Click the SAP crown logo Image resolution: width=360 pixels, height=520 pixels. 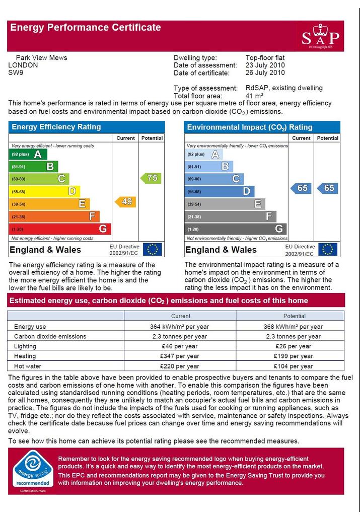[x=321, y=35]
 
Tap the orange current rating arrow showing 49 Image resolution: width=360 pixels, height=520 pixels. [x=125, y=202]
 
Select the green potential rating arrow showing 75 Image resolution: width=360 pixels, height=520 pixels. [x=151, y=178]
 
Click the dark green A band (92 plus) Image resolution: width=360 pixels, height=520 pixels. [x=28, y=154]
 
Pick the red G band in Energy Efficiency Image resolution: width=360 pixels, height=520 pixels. [x=60, y=229]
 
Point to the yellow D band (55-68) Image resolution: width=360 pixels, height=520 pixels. [x=44, y=191]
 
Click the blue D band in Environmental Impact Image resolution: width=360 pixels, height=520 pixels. [x=220, y=191]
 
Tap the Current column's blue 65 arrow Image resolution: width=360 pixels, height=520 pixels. [x=301, y=188]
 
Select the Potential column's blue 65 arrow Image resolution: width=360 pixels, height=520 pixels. [x=327, y=188]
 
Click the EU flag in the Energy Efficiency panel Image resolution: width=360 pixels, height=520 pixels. [x=152, y=249]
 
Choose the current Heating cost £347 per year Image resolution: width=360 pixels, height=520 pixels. [x=180, y=356]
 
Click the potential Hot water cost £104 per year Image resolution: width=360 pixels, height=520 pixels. [x=294, y=366]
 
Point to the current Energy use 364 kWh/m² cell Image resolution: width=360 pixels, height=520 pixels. [x=180, y=327]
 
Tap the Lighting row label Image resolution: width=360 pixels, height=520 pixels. [x=25, y=346]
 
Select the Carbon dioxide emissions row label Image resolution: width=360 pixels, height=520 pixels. [x=50, y=336]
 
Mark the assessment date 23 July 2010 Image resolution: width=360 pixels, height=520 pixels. [x=265, y=65]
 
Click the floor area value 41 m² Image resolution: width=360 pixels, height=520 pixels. [x=254, y=96]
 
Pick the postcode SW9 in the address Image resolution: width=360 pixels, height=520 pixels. [x=16, y=72]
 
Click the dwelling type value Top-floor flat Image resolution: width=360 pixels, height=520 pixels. [x=265, y=58]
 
